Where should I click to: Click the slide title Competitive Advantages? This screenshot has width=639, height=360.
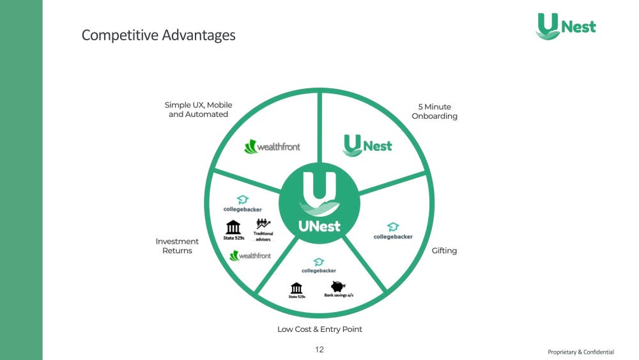click(158, 35)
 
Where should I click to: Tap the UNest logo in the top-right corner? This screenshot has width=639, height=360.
click(566, 26)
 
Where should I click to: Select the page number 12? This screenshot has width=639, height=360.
click(319, 350)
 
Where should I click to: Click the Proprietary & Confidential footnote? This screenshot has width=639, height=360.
click(580, 352)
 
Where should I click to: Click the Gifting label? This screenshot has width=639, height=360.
click(444, 251)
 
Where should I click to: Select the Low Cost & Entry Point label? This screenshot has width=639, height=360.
click(320, 329)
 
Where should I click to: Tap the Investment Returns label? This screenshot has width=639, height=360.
click(177, 246)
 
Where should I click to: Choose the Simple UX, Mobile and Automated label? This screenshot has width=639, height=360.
click(198, 109)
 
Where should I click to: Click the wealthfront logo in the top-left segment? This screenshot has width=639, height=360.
click(272, 146)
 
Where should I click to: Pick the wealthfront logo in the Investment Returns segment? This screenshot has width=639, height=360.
click(250, 255)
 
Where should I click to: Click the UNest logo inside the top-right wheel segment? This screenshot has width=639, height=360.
click(367, 145)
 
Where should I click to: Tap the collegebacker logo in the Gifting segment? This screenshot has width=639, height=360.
click(393, 231)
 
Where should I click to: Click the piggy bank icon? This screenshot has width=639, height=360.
click(337, 287)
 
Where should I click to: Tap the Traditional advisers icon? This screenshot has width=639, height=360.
click(263, 224)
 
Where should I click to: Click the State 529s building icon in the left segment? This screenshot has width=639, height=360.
click(233, 227)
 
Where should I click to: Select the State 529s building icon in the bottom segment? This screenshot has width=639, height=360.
click(296, 288)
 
